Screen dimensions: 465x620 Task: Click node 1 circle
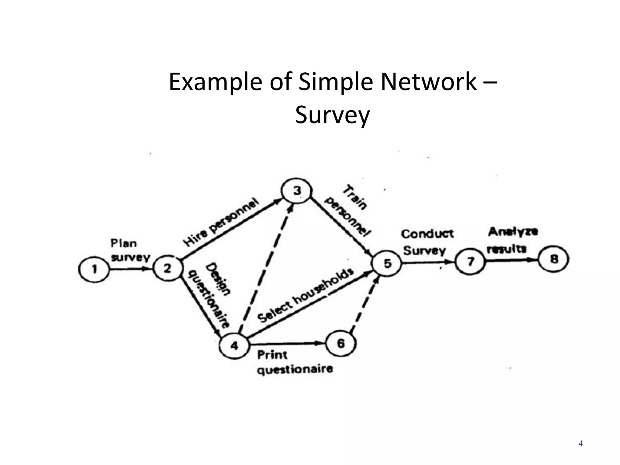[94, 269]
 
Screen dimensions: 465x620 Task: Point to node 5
[387, 263]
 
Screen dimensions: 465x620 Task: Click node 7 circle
[470, 261]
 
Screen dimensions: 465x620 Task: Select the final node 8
[554, 259]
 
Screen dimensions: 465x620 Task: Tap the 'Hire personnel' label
[221, 222]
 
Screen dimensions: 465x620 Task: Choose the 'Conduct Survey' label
[427, 242]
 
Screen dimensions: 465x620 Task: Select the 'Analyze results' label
[512, 240]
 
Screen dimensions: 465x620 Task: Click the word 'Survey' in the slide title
[332, 115]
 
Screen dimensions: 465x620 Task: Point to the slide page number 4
[580, 444]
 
